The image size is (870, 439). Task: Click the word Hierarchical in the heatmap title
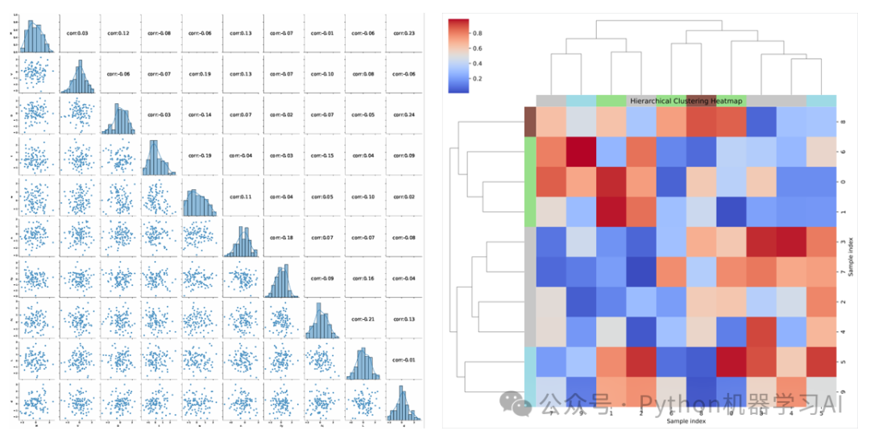[652, 101]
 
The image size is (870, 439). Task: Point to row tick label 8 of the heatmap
[840, 122]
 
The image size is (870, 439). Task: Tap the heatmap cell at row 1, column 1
[611, 211]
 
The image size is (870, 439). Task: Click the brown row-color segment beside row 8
[530, 122]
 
